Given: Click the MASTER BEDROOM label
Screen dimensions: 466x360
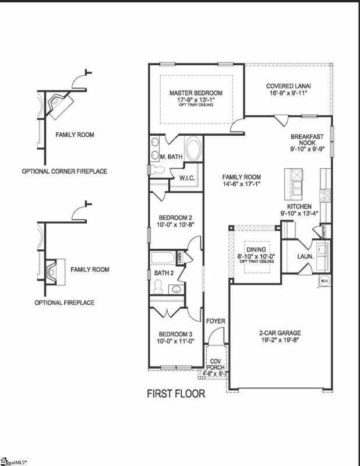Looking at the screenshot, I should point(196,93).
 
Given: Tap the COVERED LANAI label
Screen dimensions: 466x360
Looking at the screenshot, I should point(287,85).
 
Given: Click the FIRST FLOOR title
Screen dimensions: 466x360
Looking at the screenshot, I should point(175,394).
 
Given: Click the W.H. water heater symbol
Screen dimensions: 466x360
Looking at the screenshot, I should point(323,282).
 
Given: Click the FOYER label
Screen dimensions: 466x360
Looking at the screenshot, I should point(216,322).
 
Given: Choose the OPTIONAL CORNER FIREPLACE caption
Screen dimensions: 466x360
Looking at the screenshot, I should point(64,172).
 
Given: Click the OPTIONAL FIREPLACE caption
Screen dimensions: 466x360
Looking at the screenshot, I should point(64,303).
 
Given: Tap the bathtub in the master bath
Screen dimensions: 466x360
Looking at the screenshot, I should point(193,147).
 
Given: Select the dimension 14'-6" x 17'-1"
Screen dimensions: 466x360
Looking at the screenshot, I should point(241,184).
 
